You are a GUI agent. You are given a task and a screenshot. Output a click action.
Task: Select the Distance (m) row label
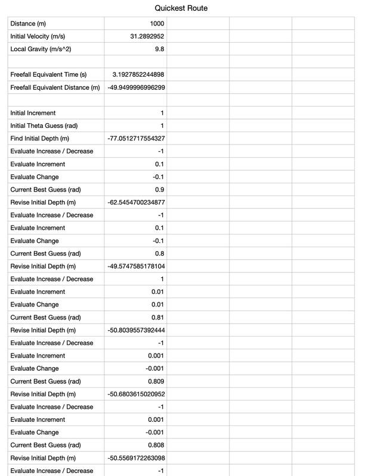pos(28,24)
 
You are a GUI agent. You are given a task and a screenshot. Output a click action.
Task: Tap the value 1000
pos(157,24)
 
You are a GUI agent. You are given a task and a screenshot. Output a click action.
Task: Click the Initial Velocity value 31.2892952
pos(147,36)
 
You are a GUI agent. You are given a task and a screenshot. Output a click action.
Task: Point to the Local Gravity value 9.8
pos(159,49)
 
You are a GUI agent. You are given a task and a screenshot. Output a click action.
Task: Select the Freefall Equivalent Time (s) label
pos(48,74)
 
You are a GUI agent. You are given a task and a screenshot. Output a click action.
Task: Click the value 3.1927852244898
pos(138,74)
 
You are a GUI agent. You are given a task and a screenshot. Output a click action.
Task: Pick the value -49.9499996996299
pos(137,87)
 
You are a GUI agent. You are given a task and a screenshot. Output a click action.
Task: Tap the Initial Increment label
pos(33,113)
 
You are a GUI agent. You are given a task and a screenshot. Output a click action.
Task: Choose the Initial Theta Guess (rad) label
pos(44,126)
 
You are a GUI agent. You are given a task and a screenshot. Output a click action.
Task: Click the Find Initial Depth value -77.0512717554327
pos(137,139)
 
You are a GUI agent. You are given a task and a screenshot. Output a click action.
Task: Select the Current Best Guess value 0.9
pos(159,190)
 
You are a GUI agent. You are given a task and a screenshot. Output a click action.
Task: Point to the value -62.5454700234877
pos(137,202)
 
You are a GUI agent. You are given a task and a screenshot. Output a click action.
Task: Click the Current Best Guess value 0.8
pos(159,253)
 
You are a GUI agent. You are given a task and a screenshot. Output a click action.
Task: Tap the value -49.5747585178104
pos(137,266)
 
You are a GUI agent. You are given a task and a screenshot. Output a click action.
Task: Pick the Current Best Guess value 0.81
pos(158,317)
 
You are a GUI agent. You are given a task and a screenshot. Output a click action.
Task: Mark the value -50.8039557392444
pos(137,330)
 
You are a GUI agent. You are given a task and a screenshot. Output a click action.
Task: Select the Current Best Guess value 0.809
pos(156,381)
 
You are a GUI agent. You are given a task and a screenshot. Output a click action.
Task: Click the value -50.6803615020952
pos(137,394)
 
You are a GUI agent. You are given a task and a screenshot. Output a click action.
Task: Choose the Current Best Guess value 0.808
pos(156,445)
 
